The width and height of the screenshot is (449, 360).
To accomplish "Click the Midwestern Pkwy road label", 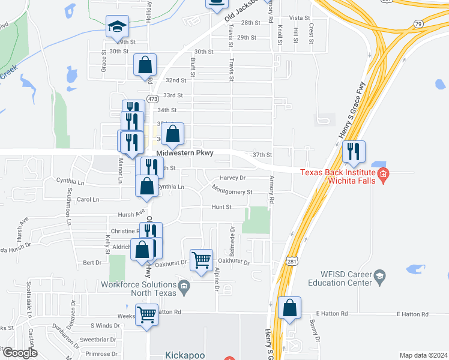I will [185, 154].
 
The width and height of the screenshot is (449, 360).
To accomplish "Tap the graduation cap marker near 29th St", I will [117, 27].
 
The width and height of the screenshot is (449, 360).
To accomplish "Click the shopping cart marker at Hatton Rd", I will [146, 314].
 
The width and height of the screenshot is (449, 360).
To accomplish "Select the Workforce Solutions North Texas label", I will [139, 289].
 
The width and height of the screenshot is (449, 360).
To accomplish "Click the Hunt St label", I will [221, 206].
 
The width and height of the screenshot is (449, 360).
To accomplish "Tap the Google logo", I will [19, 353].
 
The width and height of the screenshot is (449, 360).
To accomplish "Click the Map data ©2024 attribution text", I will [423, 355].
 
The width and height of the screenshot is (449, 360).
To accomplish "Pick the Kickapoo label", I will [184, 355].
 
